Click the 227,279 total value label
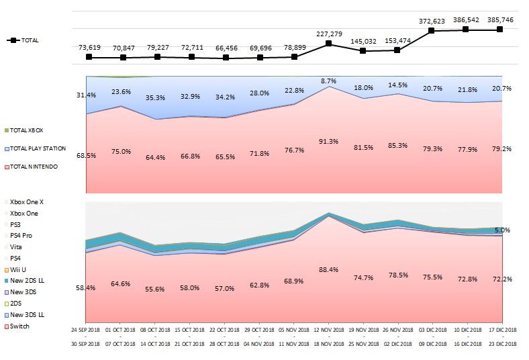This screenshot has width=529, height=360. (x=328, y=34)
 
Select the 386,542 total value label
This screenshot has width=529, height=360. (x=465, y=21)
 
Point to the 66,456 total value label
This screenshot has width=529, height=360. (x=226, y=48)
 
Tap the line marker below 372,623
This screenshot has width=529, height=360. (x=432, y=30)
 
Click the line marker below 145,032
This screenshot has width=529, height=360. (x=363, y=50)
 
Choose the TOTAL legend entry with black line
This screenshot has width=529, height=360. (x=23, y=40)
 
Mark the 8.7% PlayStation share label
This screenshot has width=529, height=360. (x=328, y=81)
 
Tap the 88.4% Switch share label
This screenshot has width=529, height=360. (x=328, y=270)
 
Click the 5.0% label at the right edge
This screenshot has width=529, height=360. (x=503, y=230)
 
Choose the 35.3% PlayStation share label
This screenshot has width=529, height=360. (x=156, y=97)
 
